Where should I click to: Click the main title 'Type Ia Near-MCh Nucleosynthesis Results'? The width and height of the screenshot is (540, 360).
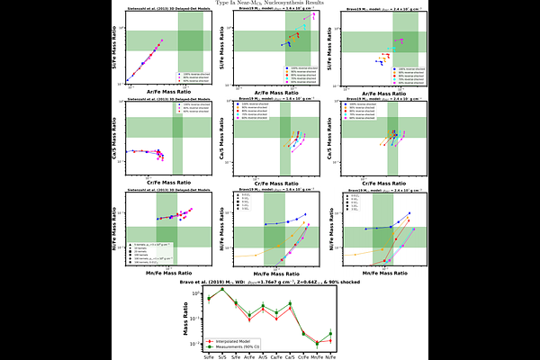(x=269, y=4)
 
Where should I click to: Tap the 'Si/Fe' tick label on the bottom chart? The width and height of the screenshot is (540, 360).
(x=209, y=357)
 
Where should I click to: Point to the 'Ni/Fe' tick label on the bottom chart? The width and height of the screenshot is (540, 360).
(x=331, y=357)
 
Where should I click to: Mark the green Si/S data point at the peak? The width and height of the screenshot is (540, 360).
(x=222, y=289)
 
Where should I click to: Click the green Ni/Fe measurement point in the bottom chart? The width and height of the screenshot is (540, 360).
(x=331, y=334)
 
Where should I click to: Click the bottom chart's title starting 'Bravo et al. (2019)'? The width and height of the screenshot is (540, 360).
(x=270, y=283)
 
